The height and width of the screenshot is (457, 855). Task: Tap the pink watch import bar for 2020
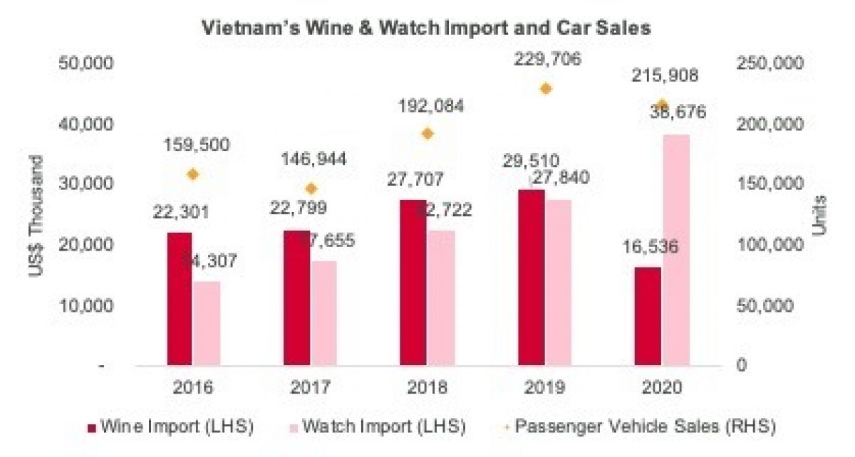676,249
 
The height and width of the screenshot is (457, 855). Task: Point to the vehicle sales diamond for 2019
546,89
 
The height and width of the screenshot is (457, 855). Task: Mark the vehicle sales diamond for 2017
311,189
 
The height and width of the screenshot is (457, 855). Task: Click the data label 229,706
546,60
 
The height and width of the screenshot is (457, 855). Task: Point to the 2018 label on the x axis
428,388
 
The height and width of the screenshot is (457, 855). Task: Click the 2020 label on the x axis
662,388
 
